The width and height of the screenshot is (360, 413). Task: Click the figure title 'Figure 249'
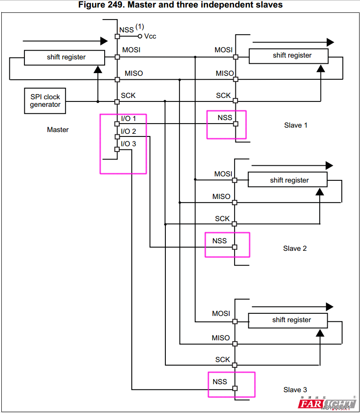click(180, 5)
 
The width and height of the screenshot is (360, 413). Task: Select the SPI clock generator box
click(45, 101)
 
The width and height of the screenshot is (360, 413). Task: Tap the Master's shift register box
click(64, 57)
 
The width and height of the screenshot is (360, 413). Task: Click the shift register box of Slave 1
click(289, 56)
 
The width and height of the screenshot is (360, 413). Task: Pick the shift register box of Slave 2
click(287, 180)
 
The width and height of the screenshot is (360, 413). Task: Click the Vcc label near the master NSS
click(150, 36)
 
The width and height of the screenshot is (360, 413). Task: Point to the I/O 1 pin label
click(129, 119)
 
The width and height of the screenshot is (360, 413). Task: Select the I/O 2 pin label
click(129, 132)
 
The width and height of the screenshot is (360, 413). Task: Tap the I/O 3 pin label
click(129, 144)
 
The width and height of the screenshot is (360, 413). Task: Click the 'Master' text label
click(58, 130)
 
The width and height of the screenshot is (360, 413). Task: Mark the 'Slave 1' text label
click(296, 125)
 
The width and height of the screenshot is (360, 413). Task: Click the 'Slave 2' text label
click(295, 249)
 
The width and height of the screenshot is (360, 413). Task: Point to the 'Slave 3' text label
click(295, 390)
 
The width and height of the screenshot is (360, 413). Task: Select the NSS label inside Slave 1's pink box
click(225, 117)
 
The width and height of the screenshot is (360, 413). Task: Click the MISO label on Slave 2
click(221, 196)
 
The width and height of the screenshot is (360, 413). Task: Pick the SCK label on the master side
click(128, 95)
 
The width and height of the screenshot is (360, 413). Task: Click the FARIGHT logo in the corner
click(326, 404)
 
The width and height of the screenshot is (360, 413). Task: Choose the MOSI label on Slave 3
click(221, 313)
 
